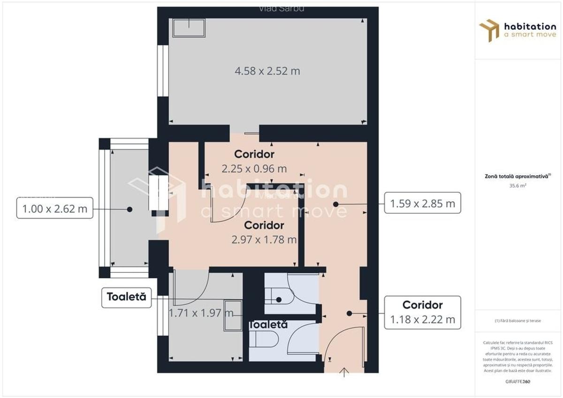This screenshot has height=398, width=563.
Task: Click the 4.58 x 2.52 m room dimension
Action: tap(267, 71)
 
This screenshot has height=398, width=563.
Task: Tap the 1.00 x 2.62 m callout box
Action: tap(55, 209)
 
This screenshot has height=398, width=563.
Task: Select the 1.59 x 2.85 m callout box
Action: tap(422, 203)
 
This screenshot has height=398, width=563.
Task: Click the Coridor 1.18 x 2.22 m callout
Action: tap(422, 313)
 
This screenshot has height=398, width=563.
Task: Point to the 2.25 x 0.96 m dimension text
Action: tap(254, 169)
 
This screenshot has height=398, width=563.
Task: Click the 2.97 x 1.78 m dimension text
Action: tap(264, 240)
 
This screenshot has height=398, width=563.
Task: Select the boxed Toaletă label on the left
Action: tap(126, 297)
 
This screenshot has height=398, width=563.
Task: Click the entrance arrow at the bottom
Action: tap(345, 373)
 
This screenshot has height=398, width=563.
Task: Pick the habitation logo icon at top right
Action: tap(489, 30)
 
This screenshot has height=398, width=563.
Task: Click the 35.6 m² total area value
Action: tap(517, 186)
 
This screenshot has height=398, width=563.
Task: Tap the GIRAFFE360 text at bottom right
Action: tap(517, 382)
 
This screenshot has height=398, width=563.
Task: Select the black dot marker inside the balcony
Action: tap(129, 209)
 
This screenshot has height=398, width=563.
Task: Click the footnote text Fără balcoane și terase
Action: tap(517, 321)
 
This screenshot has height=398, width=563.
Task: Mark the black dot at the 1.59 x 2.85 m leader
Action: tap(335, 204)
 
